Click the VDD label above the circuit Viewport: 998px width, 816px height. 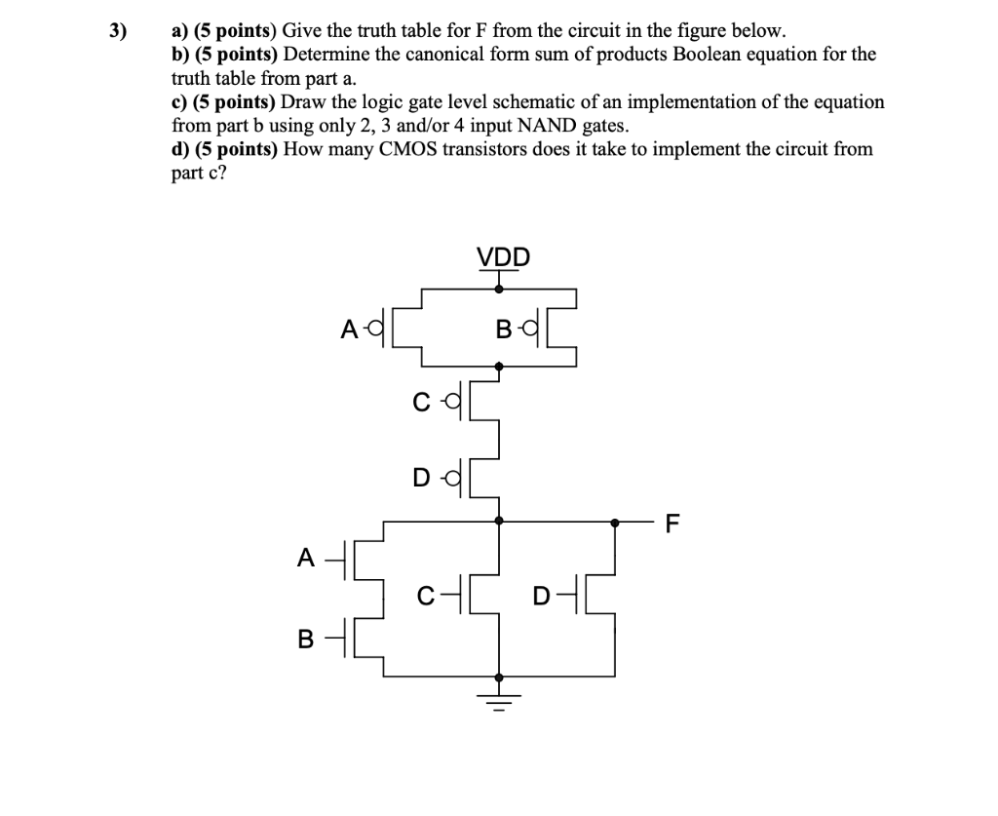coord(504,257)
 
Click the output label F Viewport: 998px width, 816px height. coord(671,524)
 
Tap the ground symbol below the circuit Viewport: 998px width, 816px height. coord(499,694)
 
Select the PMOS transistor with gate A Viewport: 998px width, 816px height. coord(395,329)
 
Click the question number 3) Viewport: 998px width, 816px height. coord(117,31)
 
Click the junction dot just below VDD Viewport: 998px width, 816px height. coord(499,289)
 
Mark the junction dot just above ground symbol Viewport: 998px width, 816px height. coord(499,676)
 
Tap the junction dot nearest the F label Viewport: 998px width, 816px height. coord(614,523)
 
